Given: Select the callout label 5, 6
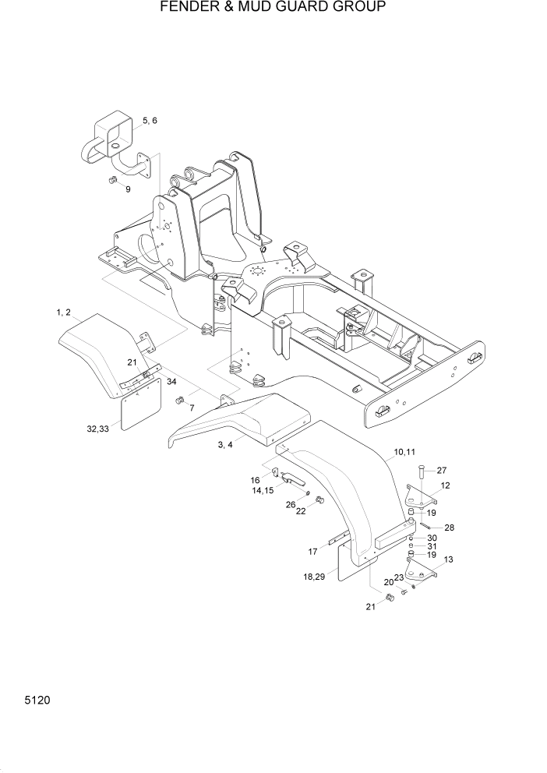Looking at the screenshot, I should pos(150,121).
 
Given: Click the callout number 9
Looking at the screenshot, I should pos(129,189).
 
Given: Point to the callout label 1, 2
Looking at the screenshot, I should pos(64,312).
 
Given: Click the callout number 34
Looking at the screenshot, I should pos(171,381).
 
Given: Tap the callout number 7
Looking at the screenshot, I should pos(191,408).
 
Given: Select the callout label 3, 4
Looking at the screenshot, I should pos(226,444).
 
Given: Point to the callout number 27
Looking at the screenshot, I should pos(441,470).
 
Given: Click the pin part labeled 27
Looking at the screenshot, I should pos(419,471).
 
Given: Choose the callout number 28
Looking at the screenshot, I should pos(449,528).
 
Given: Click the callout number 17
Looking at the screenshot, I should pos(312,552).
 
